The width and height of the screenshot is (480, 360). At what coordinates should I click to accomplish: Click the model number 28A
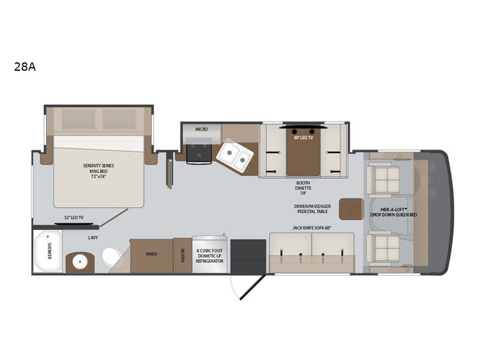[x=25, y=67]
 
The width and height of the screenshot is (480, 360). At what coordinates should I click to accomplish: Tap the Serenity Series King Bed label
[x=98, y=171]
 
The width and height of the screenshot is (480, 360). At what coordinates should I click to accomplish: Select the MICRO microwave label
[x=202, y=129]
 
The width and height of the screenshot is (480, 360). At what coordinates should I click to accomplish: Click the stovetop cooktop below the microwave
[x=199, y=152]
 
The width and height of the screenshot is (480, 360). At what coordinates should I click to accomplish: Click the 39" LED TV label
[x=304, y=138]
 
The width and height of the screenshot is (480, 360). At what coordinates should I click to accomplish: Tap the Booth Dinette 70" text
[x=303, y=188]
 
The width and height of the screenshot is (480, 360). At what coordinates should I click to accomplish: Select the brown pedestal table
[x=351, y=209]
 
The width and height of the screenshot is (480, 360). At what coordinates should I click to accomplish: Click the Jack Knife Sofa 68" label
[x=312, y=228]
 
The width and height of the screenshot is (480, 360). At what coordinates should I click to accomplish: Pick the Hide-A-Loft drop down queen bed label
[x=394, y=212]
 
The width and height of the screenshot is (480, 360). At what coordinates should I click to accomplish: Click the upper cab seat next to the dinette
[x=383, y=179]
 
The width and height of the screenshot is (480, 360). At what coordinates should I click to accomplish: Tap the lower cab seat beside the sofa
[x=383, y=248]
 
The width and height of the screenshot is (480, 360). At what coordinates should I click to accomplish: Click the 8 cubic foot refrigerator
[x=209, y=254]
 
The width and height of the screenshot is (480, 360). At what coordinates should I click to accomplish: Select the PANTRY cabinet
[x=182, y=256]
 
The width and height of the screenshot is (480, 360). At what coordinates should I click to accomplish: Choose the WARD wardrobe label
[x=152, y=254]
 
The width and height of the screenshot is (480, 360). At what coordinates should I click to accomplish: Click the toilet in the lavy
[x=112, y=256]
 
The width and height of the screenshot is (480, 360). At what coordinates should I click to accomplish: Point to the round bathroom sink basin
[x=80, y=262]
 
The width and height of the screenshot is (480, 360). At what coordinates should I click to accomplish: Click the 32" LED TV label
[x=73, y=218]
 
